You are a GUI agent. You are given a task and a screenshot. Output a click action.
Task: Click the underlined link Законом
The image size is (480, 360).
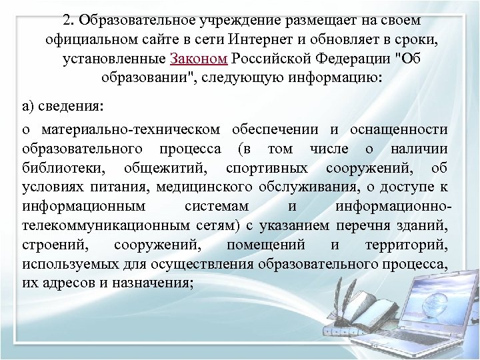pyautogui.click(x=199, y=59)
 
